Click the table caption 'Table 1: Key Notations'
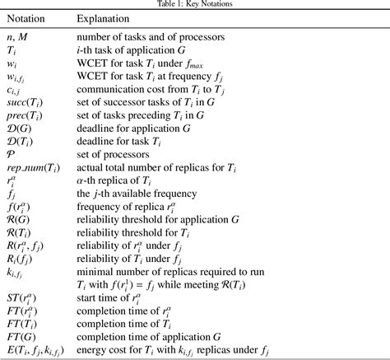[x=194, y=3]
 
